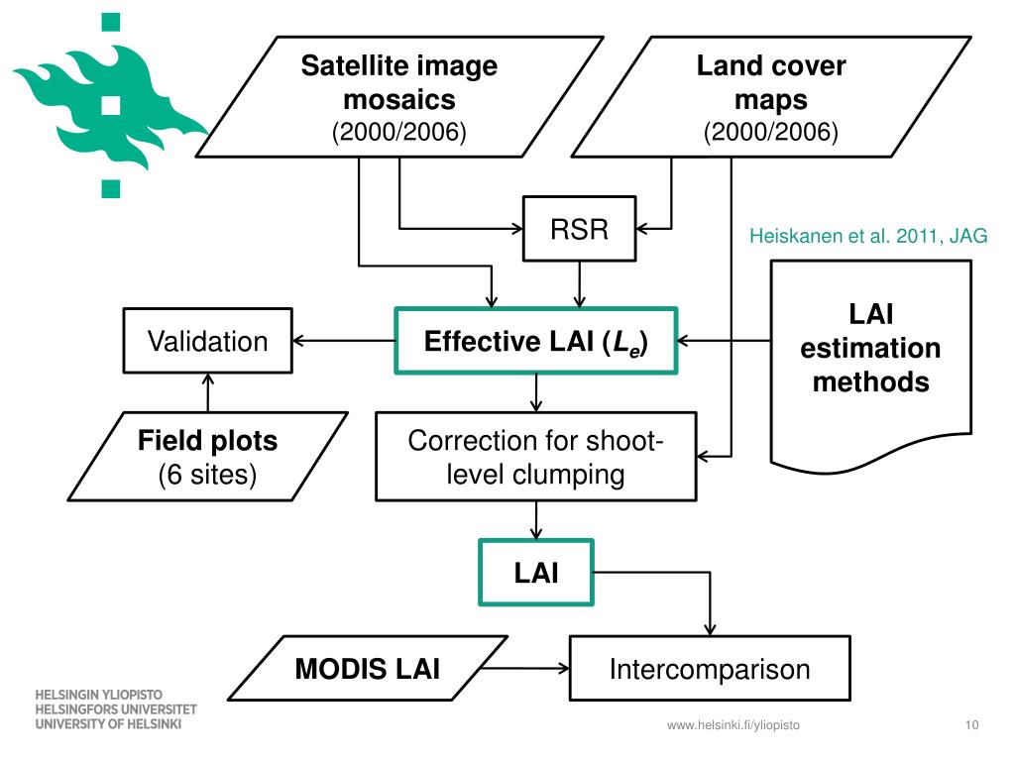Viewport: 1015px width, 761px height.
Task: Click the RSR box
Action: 579,229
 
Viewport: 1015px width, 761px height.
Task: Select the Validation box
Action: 208,341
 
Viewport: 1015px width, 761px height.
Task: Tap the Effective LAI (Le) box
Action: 536,341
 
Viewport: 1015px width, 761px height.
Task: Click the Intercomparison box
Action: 710,669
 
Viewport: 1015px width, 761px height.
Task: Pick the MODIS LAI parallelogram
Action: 368,669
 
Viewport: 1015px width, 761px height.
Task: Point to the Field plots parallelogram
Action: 208,456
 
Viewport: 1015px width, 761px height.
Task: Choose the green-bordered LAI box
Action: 536,573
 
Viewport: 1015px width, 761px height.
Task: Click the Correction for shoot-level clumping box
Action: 536,456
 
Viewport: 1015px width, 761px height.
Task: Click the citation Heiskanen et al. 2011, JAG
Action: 868,236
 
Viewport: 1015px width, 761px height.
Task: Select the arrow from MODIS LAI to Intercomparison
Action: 525,669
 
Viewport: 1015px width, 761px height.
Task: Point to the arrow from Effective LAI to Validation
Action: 344,341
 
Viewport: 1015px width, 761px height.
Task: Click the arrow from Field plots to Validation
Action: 208,392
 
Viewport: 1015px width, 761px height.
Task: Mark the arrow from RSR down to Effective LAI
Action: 579,284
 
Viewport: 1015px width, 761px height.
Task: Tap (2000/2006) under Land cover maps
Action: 771,132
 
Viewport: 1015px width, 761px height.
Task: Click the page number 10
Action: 971,724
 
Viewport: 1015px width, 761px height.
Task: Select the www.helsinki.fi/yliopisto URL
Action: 733,725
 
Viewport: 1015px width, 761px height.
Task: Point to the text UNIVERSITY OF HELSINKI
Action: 108,724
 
